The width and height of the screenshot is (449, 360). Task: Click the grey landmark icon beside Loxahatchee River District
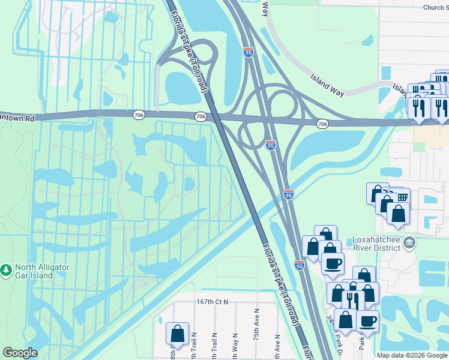(x=409, y=243)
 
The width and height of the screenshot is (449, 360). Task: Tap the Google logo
(x=20, y=353)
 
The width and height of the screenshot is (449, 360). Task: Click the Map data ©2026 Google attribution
(x=412, y=355)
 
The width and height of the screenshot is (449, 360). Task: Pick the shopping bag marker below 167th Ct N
(x=178, y=333)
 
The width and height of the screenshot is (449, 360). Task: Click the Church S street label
(x=435, y=7)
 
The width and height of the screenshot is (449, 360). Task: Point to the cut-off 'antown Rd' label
(x=17, y=119)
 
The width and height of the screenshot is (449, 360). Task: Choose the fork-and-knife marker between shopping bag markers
(x=352, y=300)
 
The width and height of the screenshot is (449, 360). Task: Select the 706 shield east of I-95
(x=322, y=124)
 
